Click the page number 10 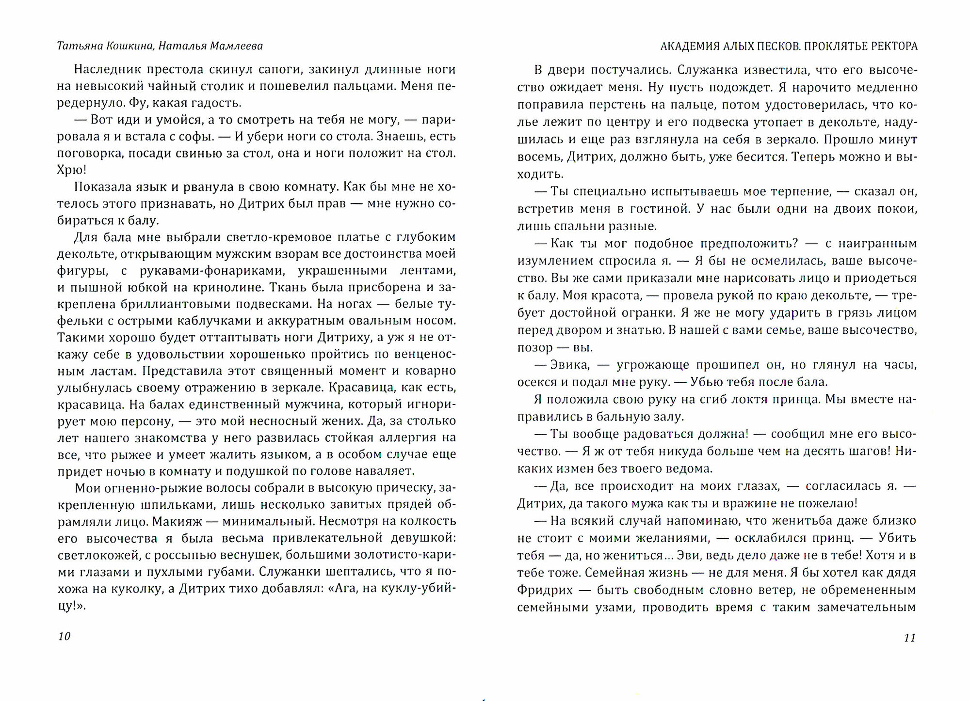pos(65,637)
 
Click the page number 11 pos(909,638)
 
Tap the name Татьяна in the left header pos(79,46)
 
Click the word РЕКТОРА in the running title pos(894,47)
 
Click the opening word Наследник pos(103,69)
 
